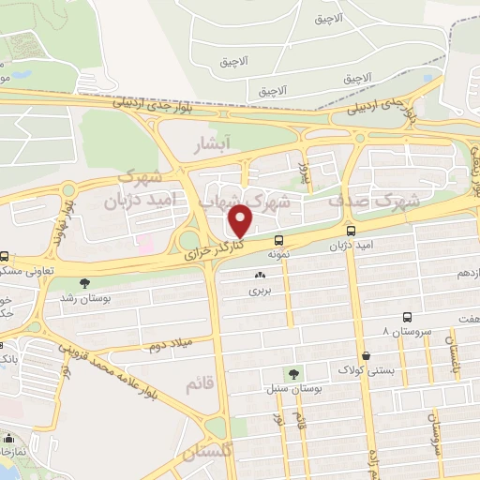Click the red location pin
242,220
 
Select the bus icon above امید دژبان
351,231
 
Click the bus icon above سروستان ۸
407,318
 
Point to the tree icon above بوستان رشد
85,282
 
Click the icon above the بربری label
260,276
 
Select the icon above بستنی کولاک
365,355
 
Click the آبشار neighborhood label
210,145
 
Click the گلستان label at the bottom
204,454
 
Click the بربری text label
259,291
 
